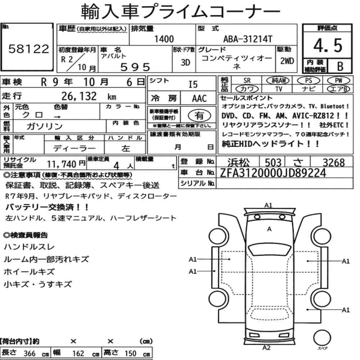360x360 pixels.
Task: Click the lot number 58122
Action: coord(29,49)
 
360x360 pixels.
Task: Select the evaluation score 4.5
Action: coord(328,45)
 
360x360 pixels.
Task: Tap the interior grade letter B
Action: coord(340,66)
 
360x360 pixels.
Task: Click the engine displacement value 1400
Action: coord(164,39)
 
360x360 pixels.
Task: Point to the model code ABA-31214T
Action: coord(248,39)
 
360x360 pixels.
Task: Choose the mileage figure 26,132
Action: coord(79,96)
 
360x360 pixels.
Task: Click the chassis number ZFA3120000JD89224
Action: coord(273,173)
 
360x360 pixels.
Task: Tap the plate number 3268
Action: coord(334,163)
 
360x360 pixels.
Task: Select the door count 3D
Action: coord(185,62)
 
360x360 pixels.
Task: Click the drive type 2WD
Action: coord(287,61)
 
